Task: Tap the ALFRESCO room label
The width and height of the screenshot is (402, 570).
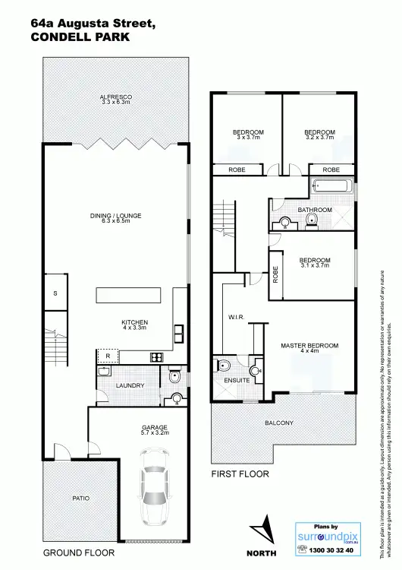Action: pyautogui.click(x=116, y=98)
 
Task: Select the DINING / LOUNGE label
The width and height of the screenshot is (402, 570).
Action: pyautogui.click(x=115, y=218)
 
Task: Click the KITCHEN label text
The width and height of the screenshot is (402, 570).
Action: pyautogui.click(x=134, y=322)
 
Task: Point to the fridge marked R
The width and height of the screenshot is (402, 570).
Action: pyautogui.click(x=108, y=356)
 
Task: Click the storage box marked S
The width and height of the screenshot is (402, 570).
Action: pyautogui.click(x=55, y=293)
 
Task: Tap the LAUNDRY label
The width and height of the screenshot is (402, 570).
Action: pyautogui.click(x=130, y=386)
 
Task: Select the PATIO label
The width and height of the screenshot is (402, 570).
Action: pyautogui.click(x=80, y=499)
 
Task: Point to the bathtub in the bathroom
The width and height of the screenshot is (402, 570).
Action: pyautogui.click(x=331, y=185)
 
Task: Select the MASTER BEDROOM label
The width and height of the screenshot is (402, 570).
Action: pyautogui.click(x=309, y=346)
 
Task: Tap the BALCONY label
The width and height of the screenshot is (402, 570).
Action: pyautogui.click(x=278, y=423)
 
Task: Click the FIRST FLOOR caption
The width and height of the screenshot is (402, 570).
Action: pyautogui.click(x=240, y=473)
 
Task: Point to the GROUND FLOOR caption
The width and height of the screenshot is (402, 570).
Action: pyautogui.click(x=78, y=553)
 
